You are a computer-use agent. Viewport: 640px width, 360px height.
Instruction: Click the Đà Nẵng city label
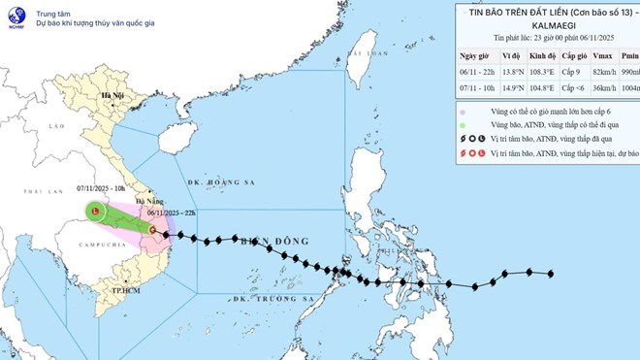pyautogui.click(x=158, y=220)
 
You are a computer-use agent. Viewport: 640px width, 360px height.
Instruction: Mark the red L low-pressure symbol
pyautogui.click(x=94, y=212)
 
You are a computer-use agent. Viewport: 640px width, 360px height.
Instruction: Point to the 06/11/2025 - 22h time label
pyautogui.click(x=171, y=213)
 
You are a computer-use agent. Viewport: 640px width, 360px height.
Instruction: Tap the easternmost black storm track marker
pyautogui.click(x=552, y=274)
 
